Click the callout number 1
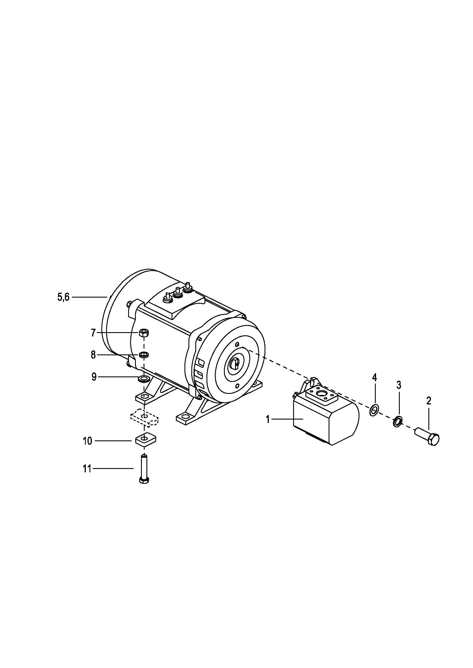click(268, 420)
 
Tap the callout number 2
click(429, 401)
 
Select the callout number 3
click(399, 385)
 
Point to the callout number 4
click(375, 378)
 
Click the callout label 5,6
click(63, 297)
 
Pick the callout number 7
click(93, 332)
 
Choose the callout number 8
click(93, 355)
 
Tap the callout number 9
click(94, 377)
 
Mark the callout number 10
click(88, 441)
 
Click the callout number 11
click(87, 469)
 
